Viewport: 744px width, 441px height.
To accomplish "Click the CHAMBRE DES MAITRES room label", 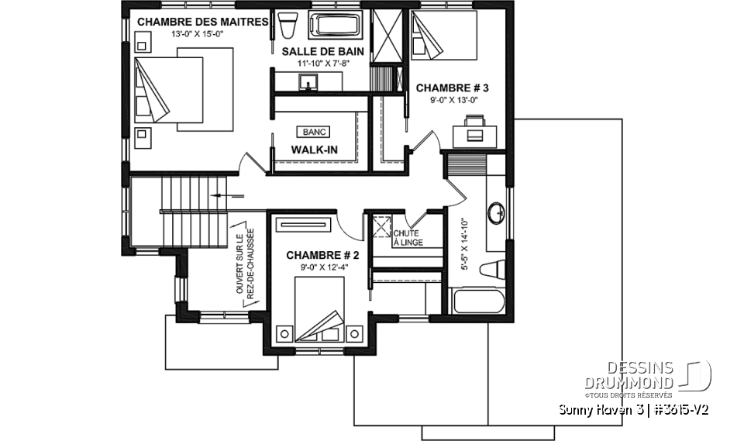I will (x=203, y=21).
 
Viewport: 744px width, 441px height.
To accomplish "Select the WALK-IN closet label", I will (x=315, y=149).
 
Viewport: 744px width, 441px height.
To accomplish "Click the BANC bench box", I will (x=315, y=132).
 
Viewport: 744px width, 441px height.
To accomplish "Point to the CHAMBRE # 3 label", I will (x=453, y=88).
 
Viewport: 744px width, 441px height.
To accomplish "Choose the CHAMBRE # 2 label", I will (x=322, y=255).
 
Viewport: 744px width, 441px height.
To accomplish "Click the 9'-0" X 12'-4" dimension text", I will (x=322, y=267).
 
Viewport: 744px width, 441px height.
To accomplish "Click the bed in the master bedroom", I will (x=184, y=87).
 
